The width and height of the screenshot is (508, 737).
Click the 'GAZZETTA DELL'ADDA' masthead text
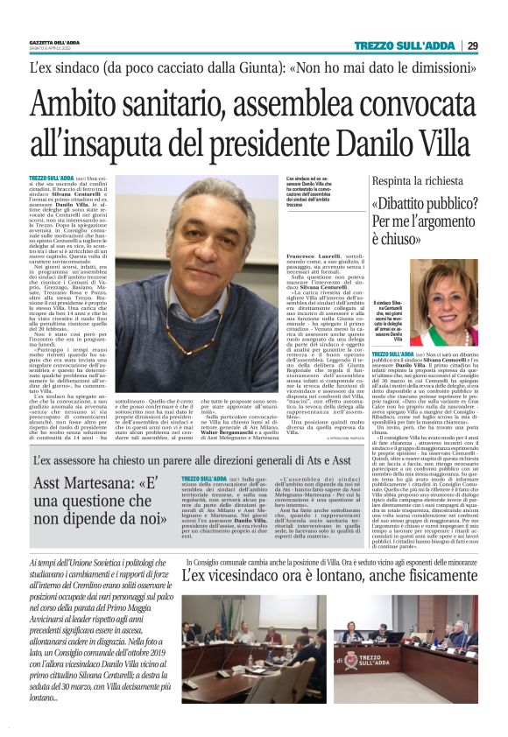(x=54, y=42)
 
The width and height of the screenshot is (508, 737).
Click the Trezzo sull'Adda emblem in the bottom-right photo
(x=349, y=662)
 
